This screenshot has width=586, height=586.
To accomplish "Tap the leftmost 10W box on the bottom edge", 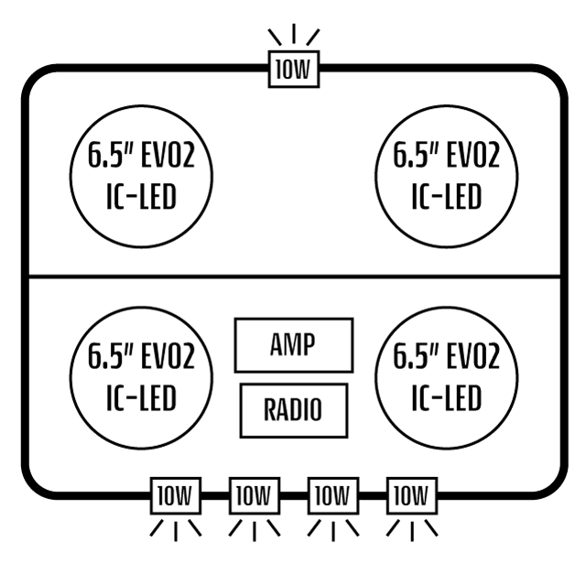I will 175,497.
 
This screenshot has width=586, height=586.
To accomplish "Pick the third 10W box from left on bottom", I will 332,497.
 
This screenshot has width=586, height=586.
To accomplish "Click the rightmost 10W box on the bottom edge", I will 411,497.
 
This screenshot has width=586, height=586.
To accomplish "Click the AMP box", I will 293,345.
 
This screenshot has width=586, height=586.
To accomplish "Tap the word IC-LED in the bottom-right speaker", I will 446,398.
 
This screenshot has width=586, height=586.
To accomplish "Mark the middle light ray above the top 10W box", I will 293,34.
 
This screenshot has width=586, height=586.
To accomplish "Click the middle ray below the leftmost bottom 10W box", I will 175,530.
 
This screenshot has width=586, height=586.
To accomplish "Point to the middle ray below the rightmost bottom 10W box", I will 411,530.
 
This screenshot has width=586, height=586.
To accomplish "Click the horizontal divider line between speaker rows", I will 293,277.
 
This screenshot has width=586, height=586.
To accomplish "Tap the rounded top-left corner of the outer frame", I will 34,78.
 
